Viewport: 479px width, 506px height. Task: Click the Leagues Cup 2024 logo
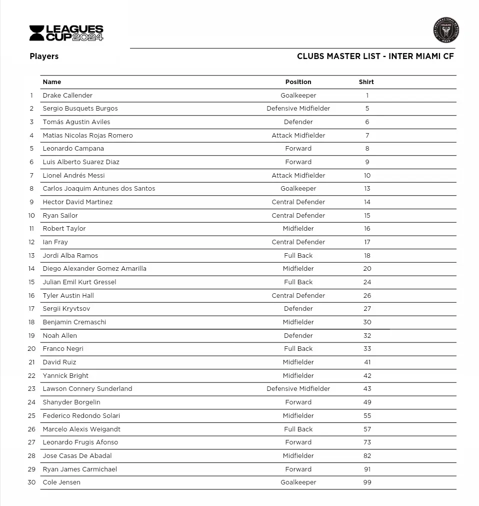[x=66, y=33]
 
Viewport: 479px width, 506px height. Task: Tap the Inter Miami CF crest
[x=445, y=30]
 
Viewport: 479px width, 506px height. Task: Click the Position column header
[x=298, y=82]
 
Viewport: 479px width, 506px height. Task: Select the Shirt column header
[x=366, y=82]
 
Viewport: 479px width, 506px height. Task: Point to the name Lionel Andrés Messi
[x=73, y=176]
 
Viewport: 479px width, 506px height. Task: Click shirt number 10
[x=367, y=176]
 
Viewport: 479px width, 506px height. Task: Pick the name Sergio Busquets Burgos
[x=80, y=109]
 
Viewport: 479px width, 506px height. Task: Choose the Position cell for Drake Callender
[x=298, y=96]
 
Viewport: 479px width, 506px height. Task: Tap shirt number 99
[x=367, y=482]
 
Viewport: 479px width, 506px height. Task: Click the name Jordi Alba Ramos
[x=70, y=256]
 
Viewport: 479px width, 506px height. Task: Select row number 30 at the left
[x=32, y=482]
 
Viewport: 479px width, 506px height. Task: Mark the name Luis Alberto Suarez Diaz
[x=81, y=162]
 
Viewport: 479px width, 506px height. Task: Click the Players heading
[x=44, y=57]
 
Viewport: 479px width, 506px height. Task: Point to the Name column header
[x=52, y=82]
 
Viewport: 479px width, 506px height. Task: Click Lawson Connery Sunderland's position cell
[x=298, y=389]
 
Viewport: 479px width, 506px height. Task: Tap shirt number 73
[x=367, y=442]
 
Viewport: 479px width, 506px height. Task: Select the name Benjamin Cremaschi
[x=74, y=322]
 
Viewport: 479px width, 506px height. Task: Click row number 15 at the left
[x=32, y=282]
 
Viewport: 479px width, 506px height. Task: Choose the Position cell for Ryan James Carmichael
[x=298, y=469]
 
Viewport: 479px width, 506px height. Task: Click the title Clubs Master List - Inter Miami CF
[x=375, y=57]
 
